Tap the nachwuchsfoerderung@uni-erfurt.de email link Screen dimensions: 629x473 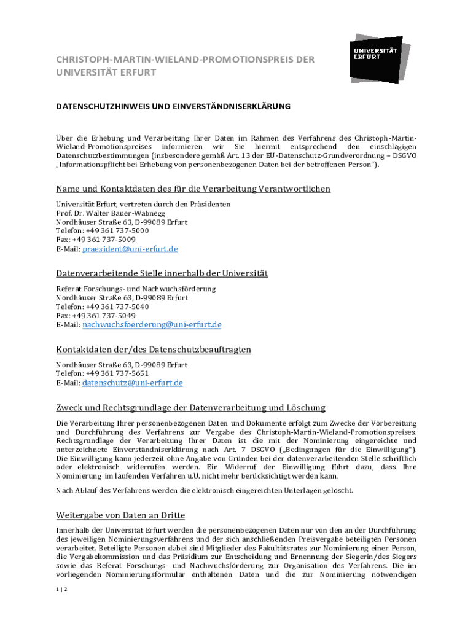152,324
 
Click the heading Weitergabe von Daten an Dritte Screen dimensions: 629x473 120,515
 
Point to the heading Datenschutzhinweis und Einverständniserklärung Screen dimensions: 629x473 173,106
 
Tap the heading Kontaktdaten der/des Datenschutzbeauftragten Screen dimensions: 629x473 154,350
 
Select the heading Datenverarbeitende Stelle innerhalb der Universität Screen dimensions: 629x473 162,273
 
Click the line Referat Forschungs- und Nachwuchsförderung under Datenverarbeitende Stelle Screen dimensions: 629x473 136,289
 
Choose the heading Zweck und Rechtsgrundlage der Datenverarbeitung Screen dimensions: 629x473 190,407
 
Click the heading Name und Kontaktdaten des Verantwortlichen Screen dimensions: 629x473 193,189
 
